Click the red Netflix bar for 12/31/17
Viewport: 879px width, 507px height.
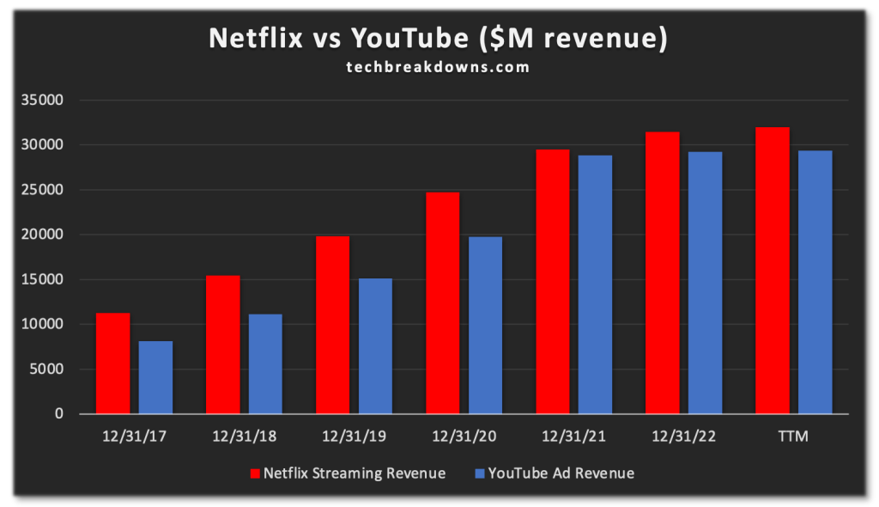pyautogui.click(x=112, y=363)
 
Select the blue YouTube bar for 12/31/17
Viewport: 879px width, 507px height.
pyautogui.click(x=155, y=377)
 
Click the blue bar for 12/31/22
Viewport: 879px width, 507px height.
pyautogui.click(x=705, y=283)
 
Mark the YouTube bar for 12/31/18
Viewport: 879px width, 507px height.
pyautogui.click(x=265, y=364)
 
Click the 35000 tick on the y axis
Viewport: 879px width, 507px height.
pyautogui.click(x=45, y=101)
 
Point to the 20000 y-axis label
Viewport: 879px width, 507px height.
pyautogui.click(x=45, y=235)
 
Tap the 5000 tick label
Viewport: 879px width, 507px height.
pyautogui.click(x=49, y=370)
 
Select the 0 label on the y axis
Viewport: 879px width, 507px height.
pyautogui.click(x=59, y=414)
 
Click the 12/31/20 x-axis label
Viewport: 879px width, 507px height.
pyautogui.click(x=464, y=437)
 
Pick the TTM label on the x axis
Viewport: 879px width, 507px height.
pyautogui.click(x=793, y=437)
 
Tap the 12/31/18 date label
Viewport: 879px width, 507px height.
pyautogui.click(x=244, y=437)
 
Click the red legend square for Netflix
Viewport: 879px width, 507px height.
pyautogui.click(x=254, y=473)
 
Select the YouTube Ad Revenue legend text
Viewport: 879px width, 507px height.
pyautogui.click(x=561, y=473)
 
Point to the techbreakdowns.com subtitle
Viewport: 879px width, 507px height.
pyautogui.click(x=439, y=66)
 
